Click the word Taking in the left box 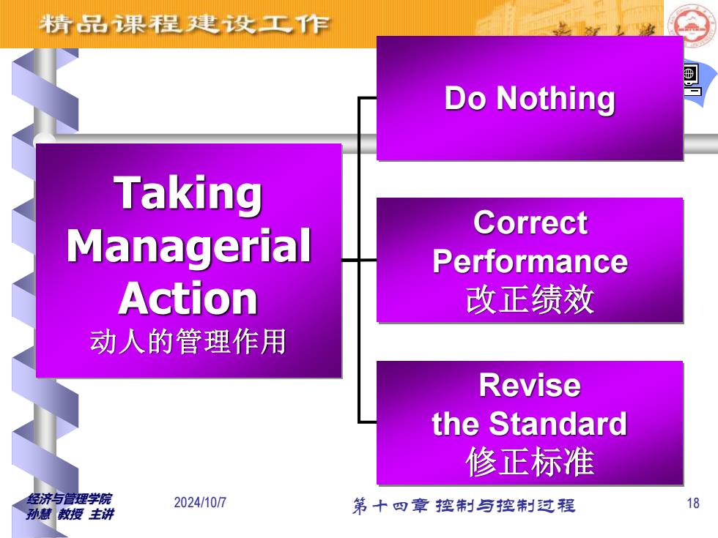coord(188,194)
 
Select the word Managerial coord(189,247)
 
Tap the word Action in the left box coord(188,299)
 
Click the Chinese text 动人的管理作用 coord(188,341)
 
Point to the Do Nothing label coord(530,98)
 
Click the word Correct coord(530,223)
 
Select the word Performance coord(530,262)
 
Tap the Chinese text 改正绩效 coord(530,299)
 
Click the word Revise coord(530,385)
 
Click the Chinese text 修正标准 coord(530,462)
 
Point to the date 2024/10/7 coord(200,502)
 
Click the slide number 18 coord(693,504)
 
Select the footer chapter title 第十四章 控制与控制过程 coord(463,506)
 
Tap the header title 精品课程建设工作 coord(184,23)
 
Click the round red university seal coord(690,23)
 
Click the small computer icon coord(692,80)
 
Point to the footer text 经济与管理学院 coord(69,498)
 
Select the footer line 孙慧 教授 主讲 coord(70,514)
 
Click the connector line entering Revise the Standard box coord(367,422)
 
